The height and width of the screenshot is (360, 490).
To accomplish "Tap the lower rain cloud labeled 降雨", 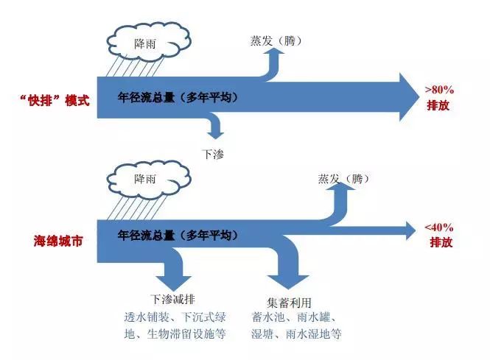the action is [148, 180].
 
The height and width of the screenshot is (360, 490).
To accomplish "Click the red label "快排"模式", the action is [55, 100].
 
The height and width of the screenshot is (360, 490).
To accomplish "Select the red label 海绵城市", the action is [58, 241].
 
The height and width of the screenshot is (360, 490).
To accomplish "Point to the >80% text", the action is [439, 91].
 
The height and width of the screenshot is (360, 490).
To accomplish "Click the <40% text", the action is [439, 227].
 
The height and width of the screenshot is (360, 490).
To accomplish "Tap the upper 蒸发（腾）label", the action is [276, 40].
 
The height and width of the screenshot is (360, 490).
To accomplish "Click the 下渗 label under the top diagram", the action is [213, 154].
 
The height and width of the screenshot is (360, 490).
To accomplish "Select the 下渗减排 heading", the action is [173, 299].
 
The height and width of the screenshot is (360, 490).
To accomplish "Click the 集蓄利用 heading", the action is [289, 303].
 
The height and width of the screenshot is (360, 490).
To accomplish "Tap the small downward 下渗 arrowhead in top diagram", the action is [216, 135].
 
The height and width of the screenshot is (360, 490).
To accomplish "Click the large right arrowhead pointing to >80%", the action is [410, 97].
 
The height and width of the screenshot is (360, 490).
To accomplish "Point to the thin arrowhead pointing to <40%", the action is [411, 230].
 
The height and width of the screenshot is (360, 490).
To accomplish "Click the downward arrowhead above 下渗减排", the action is [174, 283].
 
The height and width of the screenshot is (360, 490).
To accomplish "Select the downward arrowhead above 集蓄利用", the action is [288, 282].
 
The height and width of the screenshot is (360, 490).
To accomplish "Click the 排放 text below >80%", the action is [438, 105].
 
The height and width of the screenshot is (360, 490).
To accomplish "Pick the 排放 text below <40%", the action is [441, 242].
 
